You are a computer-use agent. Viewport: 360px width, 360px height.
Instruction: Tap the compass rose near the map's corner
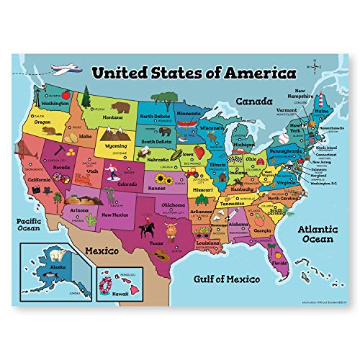tap(315, 63)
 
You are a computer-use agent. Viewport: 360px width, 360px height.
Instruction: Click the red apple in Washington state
tap(63, 94)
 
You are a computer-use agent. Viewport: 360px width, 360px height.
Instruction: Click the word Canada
tap(257, 101)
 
